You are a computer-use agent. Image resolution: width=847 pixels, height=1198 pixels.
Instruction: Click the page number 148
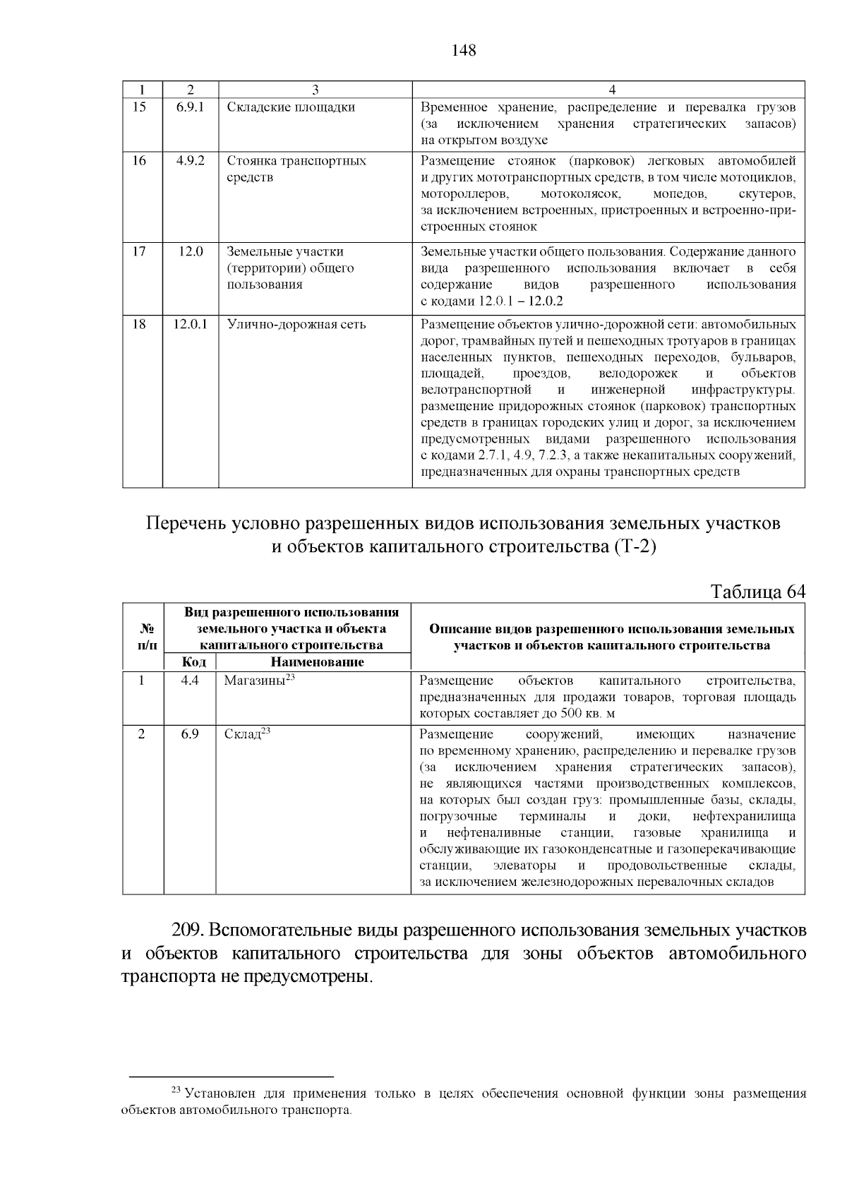click(x=464, y=51)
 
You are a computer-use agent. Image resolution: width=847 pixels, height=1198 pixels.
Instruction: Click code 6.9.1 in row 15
click(x=190, y=107)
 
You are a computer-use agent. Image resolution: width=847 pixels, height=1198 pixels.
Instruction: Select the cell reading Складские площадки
click(x=291, y=107)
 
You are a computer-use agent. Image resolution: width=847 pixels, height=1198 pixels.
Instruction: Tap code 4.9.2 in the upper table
click(x=190, y=160)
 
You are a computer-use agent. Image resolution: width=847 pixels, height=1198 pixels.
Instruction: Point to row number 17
click(x=140, y=251)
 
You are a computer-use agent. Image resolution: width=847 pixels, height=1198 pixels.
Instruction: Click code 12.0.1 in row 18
click(x=190, y=325)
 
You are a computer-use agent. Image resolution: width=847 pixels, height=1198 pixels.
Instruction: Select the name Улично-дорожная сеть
click(x=296, y=325)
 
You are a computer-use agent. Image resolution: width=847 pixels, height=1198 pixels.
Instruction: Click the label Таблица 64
click(x=757, y=591)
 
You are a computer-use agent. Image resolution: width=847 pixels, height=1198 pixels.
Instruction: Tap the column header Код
click(x=193, y=662)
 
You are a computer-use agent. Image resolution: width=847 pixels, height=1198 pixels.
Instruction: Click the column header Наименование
click(x=317, y=662)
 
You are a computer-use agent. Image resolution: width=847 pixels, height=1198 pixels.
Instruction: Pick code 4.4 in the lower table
click(x=190, y=681)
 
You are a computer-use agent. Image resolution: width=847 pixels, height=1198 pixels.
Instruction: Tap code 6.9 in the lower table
click(x=190, y=734)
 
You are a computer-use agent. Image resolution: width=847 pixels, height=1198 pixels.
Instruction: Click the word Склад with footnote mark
click(x=242, y=734)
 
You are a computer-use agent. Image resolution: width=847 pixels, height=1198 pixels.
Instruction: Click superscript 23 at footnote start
click(x=177, y=1091)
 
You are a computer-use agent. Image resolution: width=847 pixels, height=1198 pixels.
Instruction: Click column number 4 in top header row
click(x=612, y=90)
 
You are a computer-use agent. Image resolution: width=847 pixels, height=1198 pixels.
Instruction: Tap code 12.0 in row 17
click(x=190, y=251)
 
